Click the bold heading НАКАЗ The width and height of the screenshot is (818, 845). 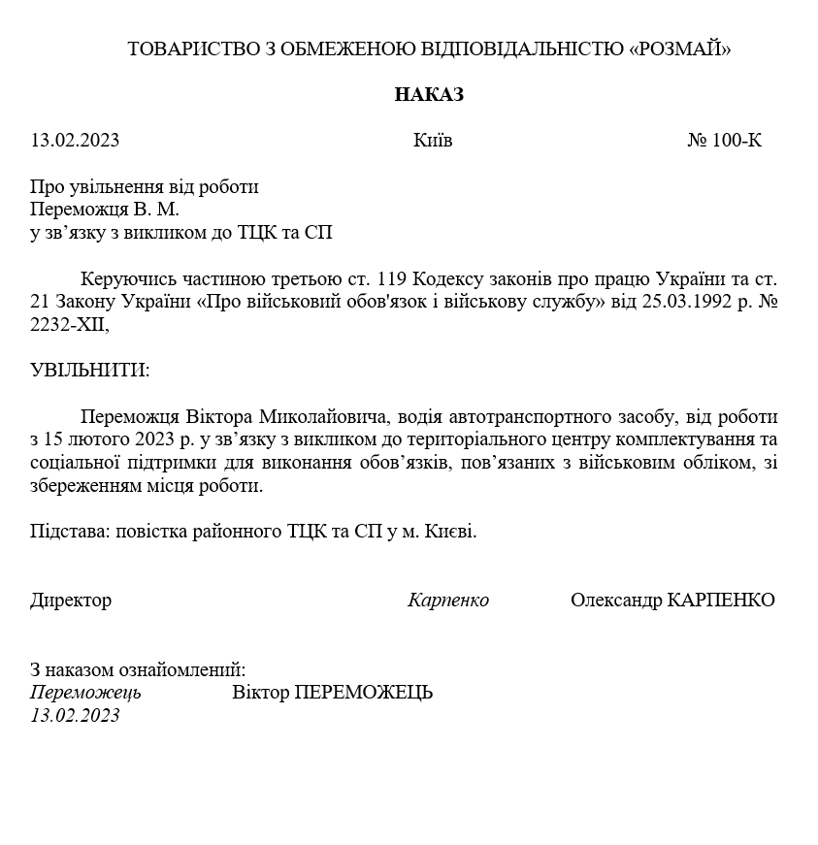point(429,94)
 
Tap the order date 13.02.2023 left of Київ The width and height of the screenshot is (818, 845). point(75,140)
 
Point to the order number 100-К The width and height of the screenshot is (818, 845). point(736,140)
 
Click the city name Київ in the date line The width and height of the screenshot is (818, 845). point(433,140)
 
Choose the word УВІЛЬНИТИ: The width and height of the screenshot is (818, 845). point(90,371)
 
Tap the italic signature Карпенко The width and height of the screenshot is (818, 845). point(448,601)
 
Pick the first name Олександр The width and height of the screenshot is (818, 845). point(616,601)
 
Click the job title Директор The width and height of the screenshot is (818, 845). point(71,601)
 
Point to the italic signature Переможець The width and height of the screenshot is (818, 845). point(85,693)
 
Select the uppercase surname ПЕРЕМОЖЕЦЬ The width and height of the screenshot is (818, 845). point(363,693)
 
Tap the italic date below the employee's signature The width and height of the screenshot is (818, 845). point(75,715)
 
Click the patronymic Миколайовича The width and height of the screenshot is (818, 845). point(322,417)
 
